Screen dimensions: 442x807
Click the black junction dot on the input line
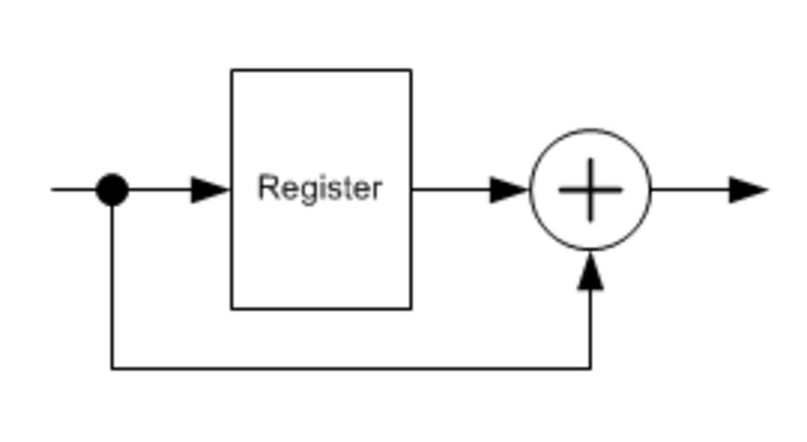[x=112, y=190]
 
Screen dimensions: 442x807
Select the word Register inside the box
[x=320, y=187]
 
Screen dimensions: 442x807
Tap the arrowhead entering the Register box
[x=210, y=190]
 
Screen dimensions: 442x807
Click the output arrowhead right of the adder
[x=747, y=190]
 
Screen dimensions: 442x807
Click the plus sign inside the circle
[x=590, y=190]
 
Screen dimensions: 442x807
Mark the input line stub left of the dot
[x=73, y=190]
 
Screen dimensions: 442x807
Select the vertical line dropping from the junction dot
[x=112, y=285]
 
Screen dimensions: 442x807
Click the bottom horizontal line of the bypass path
[x=346, y=369]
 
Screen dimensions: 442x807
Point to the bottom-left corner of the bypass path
[x=112, y=369]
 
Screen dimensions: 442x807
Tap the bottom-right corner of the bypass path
[x=590, y=369]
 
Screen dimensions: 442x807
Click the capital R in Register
[x=267, y=186]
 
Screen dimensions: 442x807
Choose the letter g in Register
[x=302, y=190]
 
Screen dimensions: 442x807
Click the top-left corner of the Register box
[x=232, y=71]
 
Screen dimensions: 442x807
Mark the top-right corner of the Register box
[x=410, y=71]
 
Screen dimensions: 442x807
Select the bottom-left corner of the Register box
[x=232, y=307]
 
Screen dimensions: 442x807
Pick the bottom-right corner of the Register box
[x=410, y=307]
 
